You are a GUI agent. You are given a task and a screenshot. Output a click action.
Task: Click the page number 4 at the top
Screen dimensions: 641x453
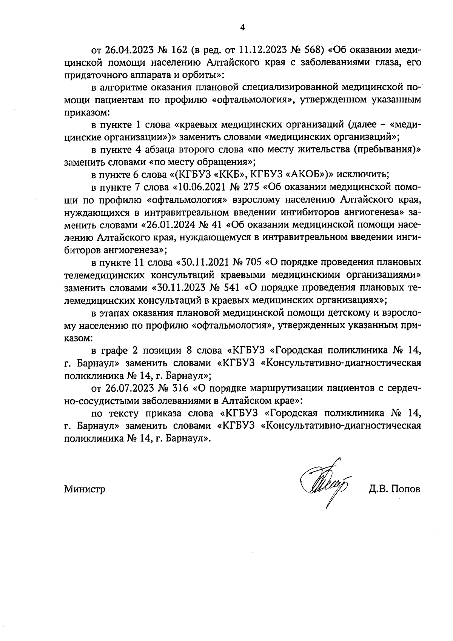(242, 28)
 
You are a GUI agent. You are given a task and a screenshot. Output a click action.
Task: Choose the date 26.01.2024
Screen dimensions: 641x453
(173, 225)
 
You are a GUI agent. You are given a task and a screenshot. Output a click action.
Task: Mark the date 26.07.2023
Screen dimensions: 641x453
(127, 388)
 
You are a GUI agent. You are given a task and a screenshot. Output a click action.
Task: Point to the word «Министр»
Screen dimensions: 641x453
(85, 490)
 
